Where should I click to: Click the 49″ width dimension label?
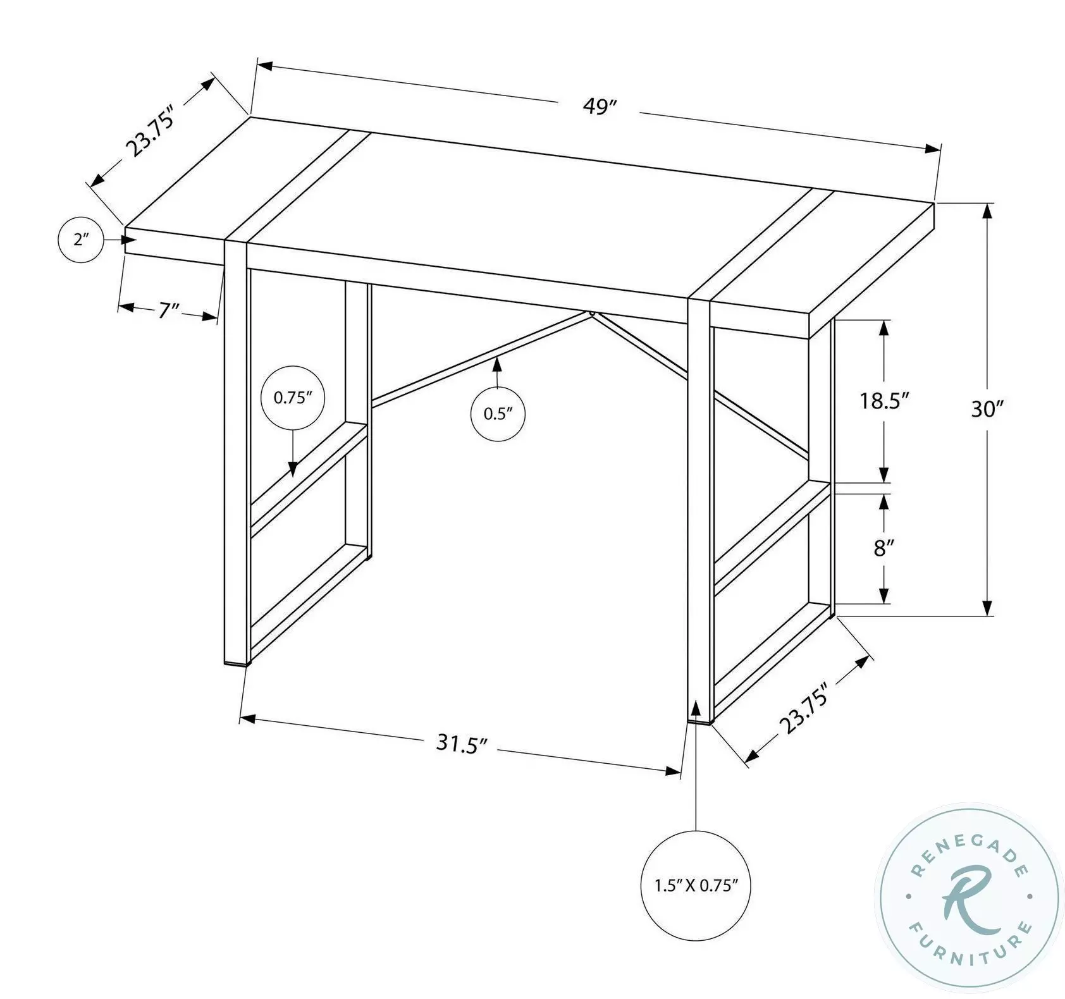[x=599, y=107]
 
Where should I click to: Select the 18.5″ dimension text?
[x=884, y=400]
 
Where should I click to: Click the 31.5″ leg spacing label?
[x=462, y=744]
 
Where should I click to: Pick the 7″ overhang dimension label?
[x=168, y=310]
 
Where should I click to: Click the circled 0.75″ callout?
[x=293, y=398]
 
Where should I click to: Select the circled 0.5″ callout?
[x=497, y=414]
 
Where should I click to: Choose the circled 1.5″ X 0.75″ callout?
[x=696, y=885]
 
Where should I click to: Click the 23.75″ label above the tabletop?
[x=149, y=129]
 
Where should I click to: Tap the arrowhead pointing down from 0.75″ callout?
[x=293, y=469]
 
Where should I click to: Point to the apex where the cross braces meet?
[x=591, y=312]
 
